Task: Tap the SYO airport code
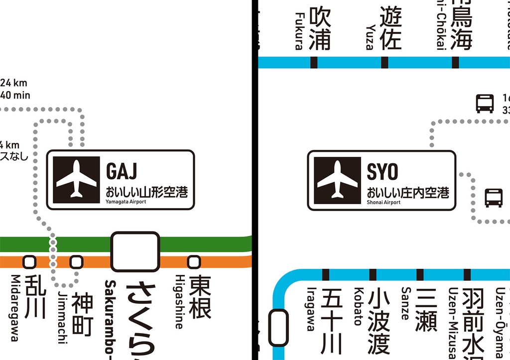pos(382,172)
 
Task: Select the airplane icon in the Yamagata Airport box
pos(76,179)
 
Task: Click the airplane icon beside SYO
pos(337,180)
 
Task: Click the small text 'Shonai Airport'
pos(383,202)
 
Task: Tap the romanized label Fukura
pos(299,31)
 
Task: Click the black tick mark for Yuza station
pos(384,62)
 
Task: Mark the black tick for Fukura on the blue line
pos(314,62)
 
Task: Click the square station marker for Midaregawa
pos(29,261)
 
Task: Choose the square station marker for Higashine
pos(193,261)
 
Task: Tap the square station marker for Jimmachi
pos(76,261)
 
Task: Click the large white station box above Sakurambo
pos(135,251)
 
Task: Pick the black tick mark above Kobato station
pos(373,274)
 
